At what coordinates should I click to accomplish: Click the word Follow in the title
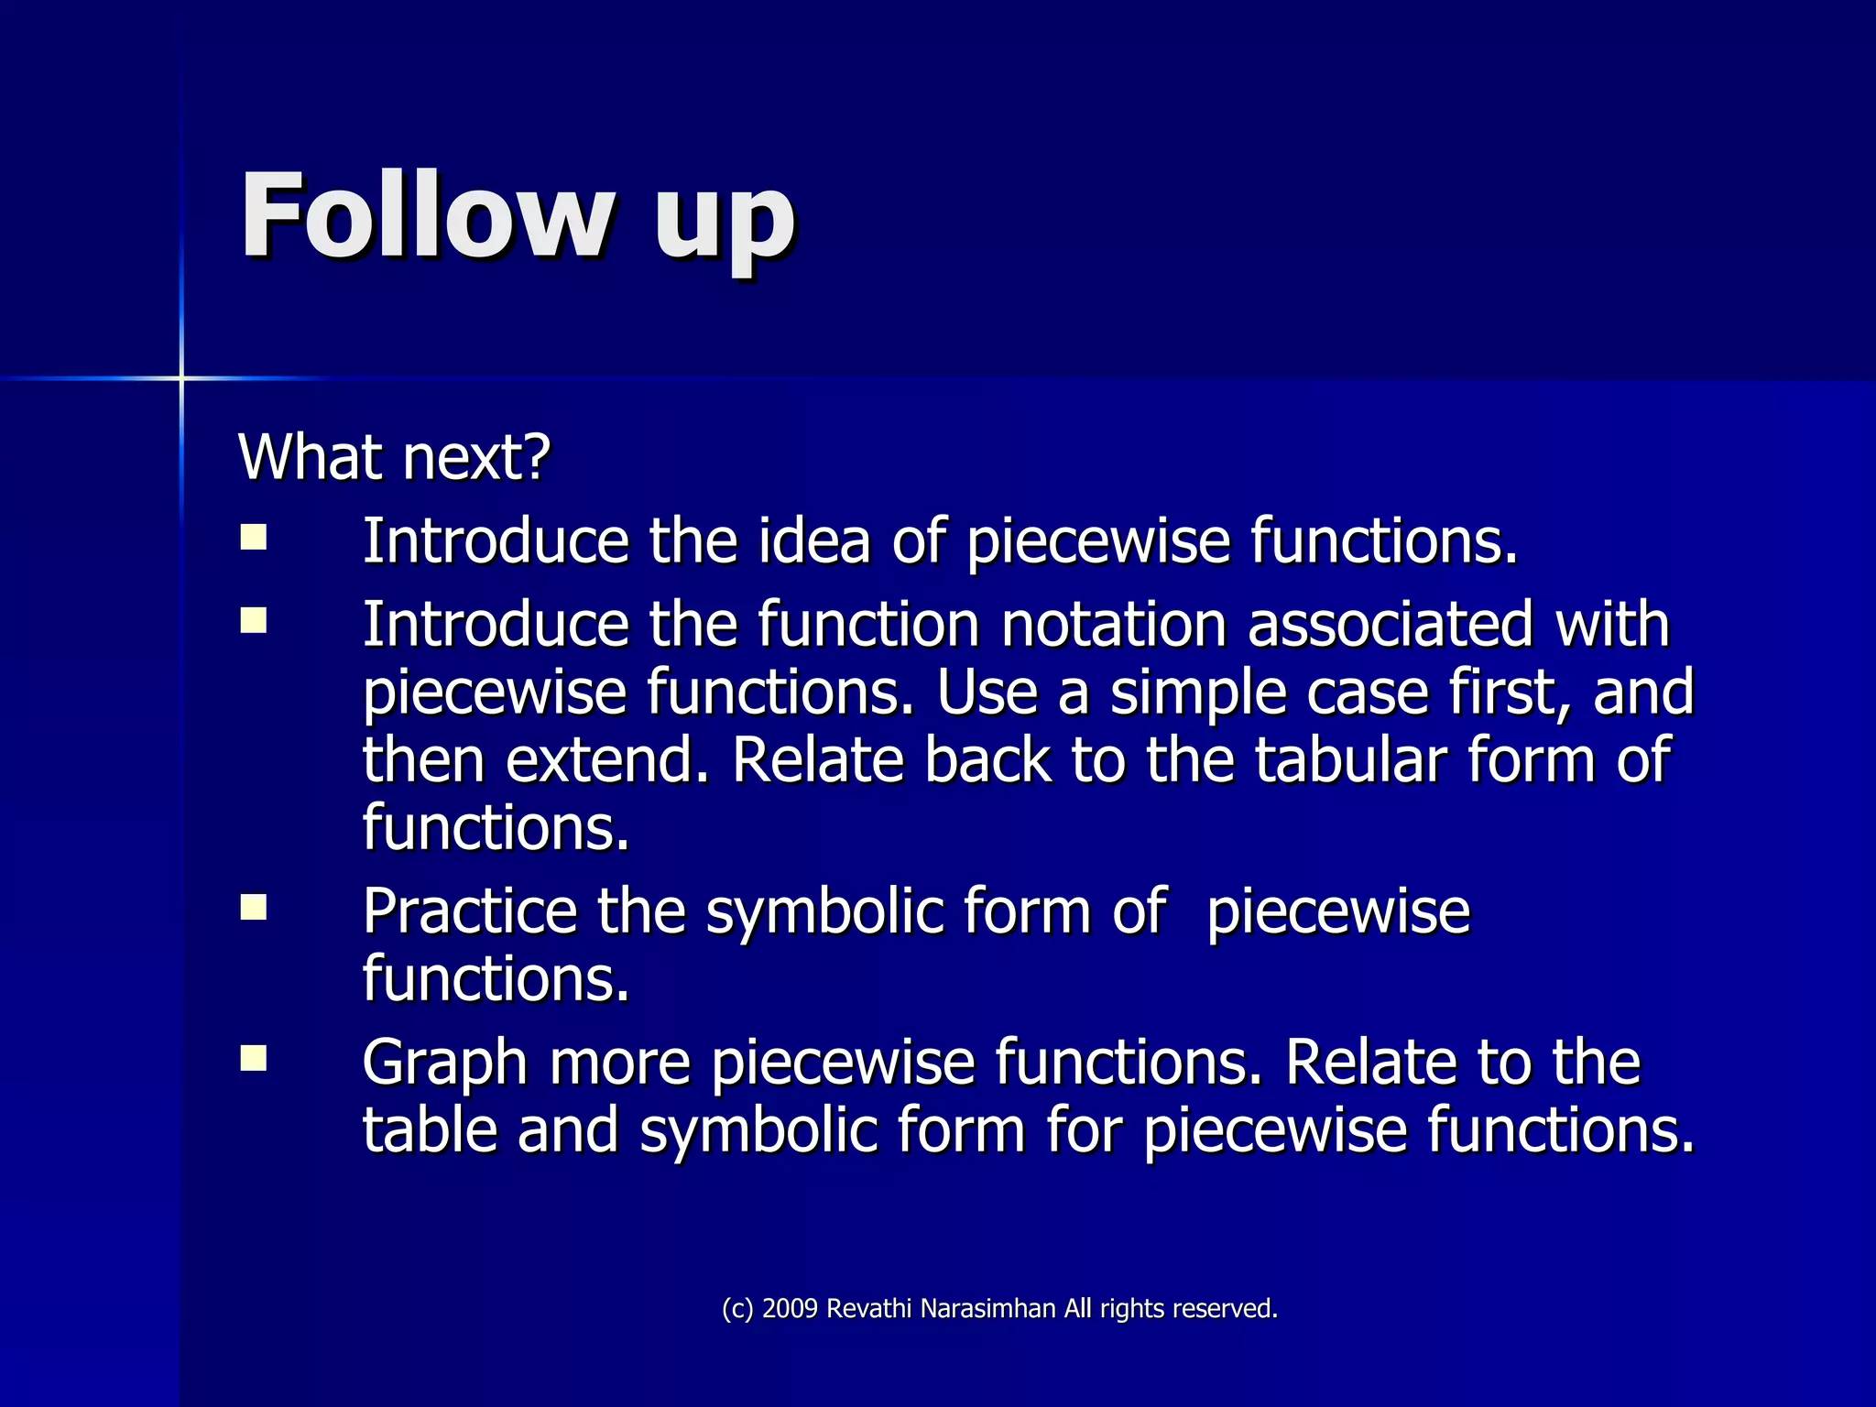(x=426, y=216)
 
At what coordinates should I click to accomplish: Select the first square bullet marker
(x=254, y=537)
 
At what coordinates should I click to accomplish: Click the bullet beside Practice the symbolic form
(x=254, y=907)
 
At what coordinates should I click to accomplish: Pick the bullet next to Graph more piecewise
(x=254, y=1058)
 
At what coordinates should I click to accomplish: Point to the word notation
(x=1113, y=625)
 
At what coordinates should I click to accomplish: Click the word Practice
(x=469, y=911)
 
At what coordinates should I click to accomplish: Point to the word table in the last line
(x=430, y=1129)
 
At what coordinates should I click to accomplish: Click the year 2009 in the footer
(x=789, y=1308)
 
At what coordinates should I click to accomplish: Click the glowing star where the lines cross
(x=181, y=377)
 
